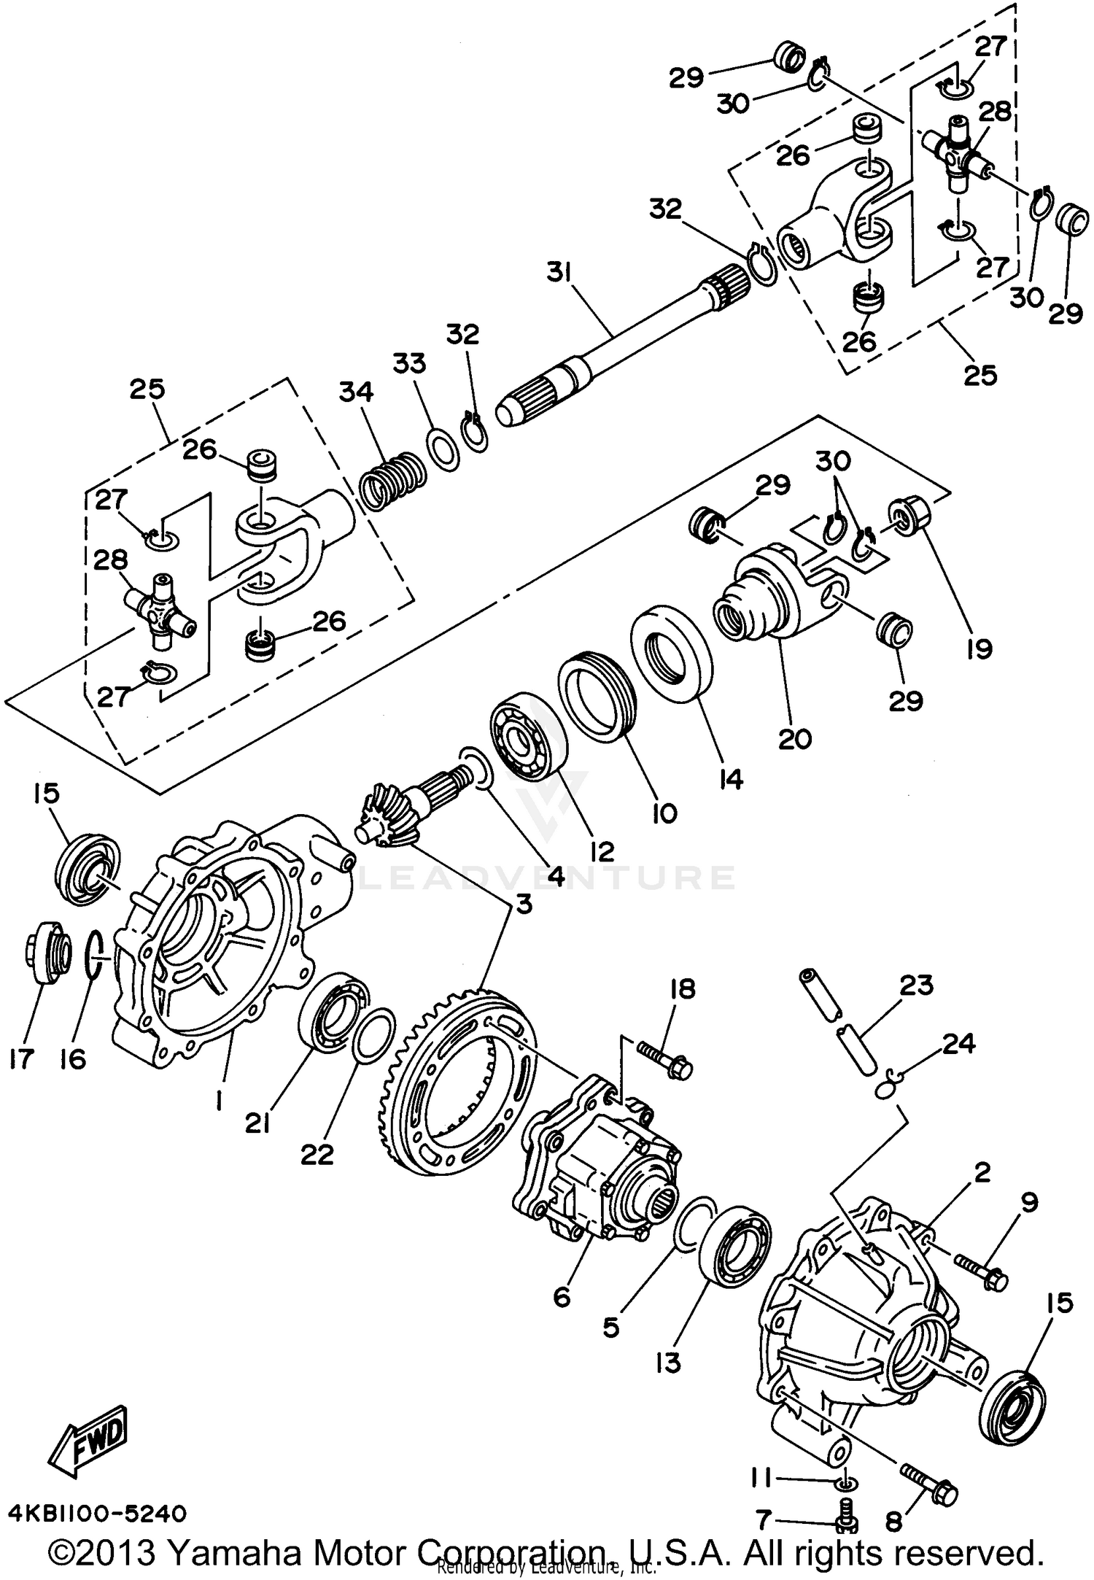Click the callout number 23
point(917,986)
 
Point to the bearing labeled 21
point(333,1011)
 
